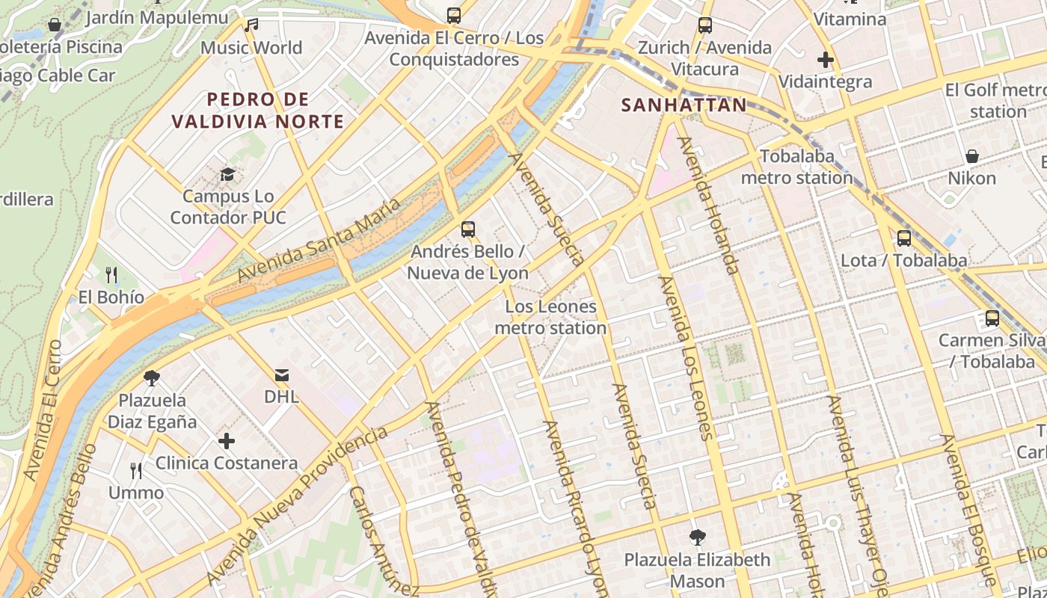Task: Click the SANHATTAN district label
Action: (684, 105)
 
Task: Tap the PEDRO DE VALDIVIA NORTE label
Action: (258, 110)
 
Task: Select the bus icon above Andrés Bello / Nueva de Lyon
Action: (468, 229)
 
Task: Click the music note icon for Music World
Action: (251, 25)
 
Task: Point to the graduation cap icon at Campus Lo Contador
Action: (227, 175)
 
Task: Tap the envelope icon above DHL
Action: (282, 374)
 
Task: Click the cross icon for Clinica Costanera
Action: (227, 441)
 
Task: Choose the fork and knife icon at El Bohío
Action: (111, 275)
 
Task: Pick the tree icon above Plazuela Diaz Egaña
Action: (152, 378)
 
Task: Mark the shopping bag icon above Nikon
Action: (972, 156)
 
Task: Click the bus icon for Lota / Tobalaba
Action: (904, 238)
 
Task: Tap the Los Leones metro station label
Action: (550, 317)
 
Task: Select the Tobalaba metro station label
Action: (796, 167)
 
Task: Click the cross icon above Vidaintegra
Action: (826, 60)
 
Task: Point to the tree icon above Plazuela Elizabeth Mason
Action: (697, 537)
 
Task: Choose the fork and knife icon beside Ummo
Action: (136, 471)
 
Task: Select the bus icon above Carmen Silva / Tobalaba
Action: (992, 318)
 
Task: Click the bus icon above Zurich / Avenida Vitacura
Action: (704, 25)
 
